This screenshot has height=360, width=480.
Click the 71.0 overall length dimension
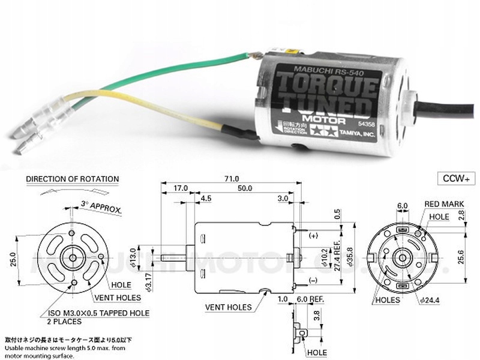click(232, 179)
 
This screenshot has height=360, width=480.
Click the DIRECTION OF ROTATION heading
click(73, 179)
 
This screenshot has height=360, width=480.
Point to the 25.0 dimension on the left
click(14, 259)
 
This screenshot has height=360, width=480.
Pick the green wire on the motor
click(180, 65)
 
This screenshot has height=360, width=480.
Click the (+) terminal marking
click(313, 236)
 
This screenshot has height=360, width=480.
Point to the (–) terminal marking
click(313, 281)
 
